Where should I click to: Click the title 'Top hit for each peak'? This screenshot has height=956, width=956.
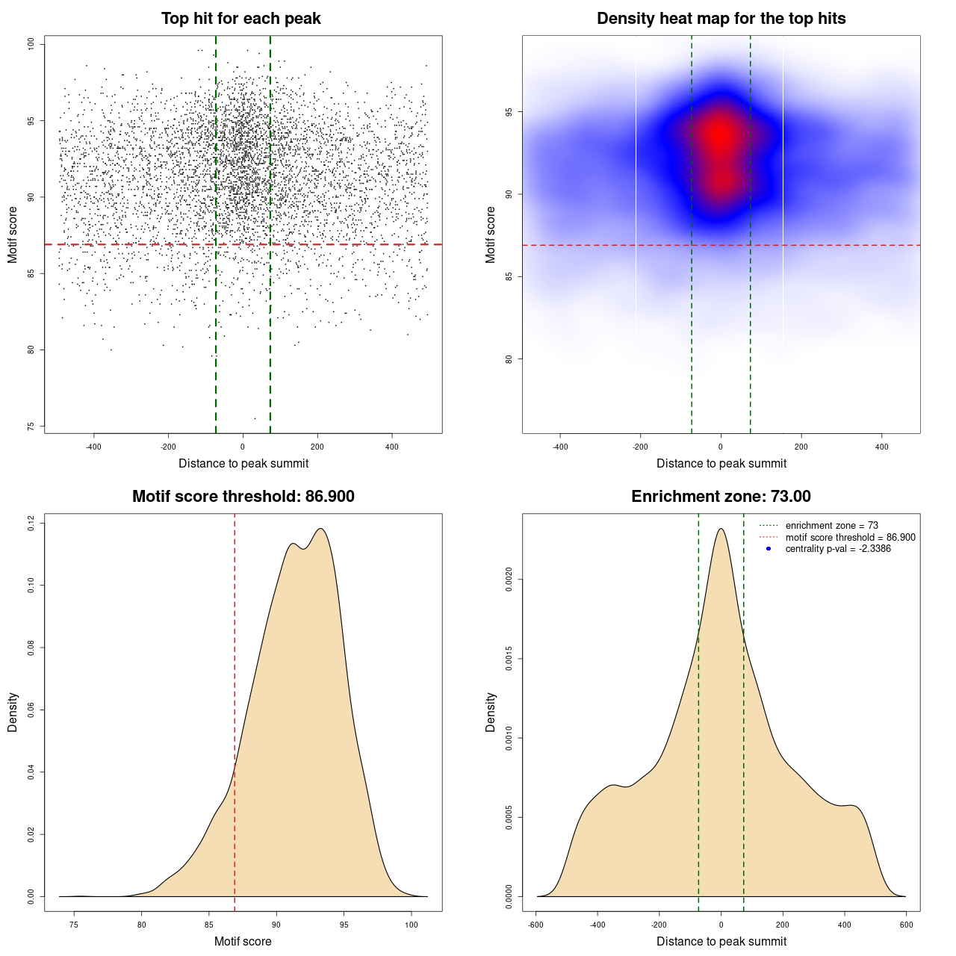pyautogui.click(x=240, y=19)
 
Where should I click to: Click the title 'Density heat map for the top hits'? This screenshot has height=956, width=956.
pyautogui.click(x=721, y=19)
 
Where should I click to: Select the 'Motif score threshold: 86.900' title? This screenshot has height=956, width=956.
pyautogui.click(x=243, y=497)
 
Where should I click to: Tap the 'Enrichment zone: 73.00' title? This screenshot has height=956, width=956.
pyautogui.click(x=721, y=497)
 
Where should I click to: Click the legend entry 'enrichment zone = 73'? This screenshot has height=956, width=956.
pyautogui.click(x=831, y=526)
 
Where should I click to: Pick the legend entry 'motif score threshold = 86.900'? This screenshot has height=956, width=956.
pyautogui.click(x=850, y=537)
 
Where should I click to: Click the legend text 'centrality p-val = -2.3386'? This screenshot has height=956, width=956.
pyautogui.click(x=838, y=549)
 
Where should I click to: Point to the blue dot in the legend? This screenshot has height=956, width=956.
pyautogui.click(x=769, y=549)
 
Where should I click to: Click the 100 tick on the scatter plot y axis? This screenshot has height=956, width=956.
pyautogui.click(x=31, y=44)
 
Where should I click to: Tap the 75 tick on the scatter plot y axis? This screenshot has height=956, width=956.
pyautogui.click(x=31, y=426)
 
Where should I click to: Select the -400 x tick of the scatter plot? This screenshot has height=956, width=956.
pyautogui.click(x=93, y=447)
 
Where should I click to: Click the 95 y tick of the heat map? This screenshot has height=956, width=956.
pyautogui.click(x=509, y=112)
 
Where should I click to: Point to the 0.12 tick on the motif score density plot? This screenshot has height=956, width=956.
pyautogui.click(x=31, y=524)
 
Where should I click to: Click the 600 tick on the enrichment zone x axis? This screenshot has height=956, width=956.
pyautogui.click(x=906, y=925)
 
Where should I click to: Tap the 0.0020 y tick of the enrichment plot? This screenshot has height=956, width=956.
pyautogui.click(x=509, y=579)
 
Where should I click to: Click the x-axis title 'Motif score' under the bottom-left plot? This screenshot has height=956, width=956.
pyautogui.click(x=243, y=941)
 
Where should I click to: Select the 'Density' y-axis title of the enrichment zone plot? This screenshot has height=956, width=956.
pyautogui.click(x=491, y=712)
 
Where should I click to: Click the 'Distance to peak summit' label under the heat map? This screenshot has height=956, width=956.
pyautogui.click(x=721, y=463)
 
